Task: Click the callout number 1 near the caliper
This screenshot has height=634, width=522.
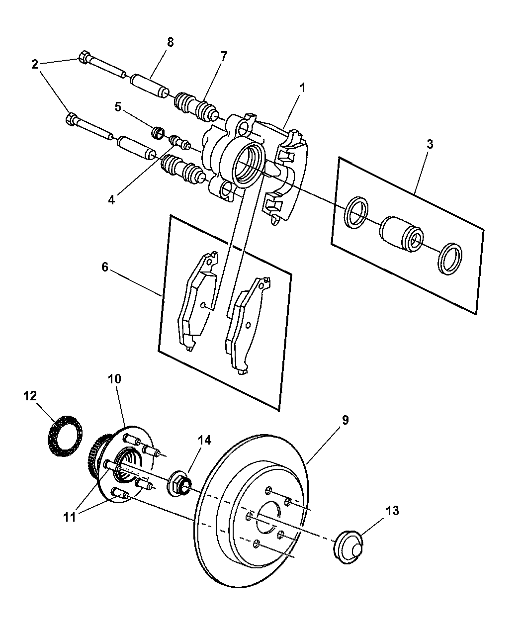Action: coord(302,88)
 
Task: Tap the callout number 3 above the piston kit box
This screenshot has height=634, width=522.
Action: coord(430,145)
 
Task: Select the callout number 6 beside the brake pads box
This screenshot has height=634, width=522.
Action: coord(104,267)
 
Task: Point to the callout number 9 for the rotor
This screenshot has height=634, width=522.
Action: coord(345,420)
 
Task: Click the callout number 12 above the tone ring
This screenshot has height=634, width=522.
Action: coord(30,396)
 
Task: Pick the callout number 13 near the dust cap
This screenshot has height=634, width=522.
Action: coord(392,511)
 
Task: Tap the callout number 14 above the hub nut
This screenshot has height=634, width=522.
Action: coord(204,440)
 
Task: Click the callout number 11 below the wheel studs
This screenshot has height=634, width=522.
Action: coord(70,517)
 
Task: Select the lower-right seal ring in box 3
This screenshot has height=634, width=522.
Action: coord(450,259)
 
